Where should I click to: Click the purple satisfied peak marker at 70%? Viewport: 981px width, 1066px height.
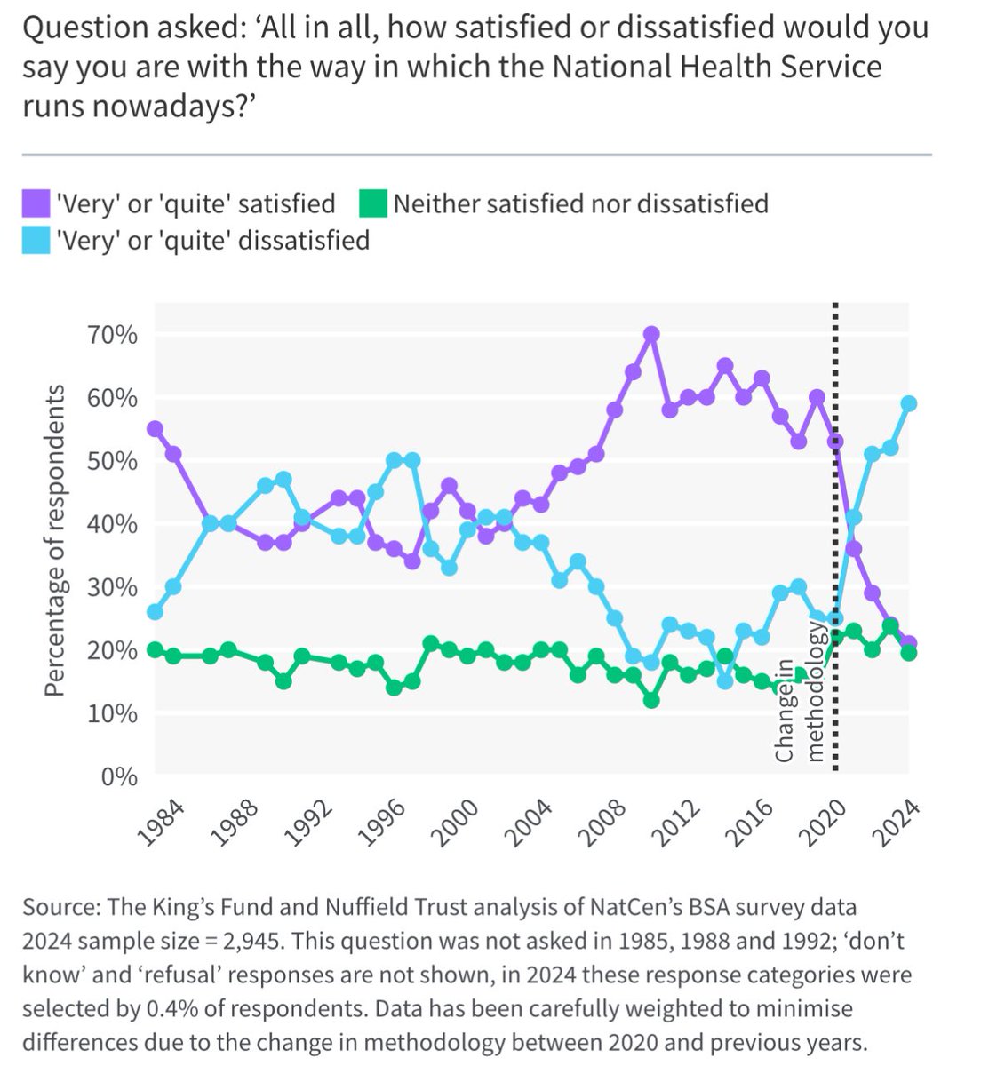click(651, 334)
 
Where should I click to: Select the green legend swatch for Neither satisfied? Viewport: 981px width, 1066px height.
click(373, 204)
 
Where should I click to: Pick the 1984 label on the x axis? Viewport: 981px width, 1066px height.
click(163, 820)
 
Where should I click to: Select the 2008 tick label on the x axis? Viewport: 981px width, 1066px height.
click(602, 820)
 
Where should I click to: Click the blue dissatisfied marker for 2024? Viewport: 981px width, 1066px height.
click(908, 403)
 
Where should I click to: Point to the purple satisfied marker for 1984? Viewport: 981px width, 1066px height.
click(155, 428)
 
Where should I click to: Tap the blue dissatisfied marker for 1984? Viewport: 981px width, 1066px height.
click(155, 612)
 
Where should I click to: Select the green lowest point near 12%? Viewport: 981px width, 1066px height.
click(651, 700)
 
